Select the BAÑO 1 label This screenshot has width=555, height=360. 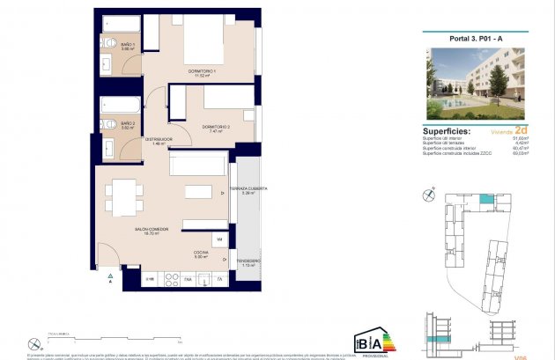(x=128, y=44)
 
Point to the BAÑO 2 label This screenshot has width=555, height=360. (x=128, y=123)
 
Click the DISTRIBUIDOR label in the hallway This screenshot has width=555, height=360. (x=159, y=139)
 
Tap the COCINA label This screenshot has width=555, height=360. (x=201, y=252)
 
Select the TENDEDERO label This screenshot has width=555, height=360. (x=248, y=261)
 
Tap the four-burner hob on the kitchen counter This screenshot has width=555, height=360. (x=167, y=279)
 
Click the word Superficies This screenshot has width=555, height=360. (x=446, y=131)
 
